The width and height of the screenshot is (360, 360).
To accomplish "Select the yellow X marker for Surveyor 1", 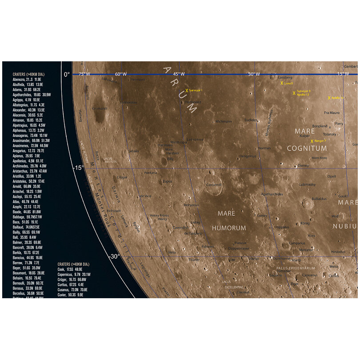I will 187,90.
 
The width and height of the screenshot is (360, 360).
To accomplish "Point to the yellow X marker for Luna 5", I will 282,83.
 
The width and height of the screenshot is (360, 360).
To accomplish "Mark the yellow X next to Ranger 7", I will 312,141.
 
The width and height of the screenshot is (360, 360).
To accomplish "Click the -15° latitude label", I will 77,168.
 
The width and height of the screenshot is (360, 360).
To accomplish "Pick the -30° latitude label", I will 115,256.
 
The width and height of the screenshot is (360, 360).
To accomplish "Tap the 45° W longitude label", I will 179,74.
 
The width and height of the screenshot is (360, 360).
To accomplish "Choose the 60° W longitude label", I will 121,74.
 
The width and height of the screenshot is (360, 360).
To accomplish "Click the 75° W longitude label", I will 84,74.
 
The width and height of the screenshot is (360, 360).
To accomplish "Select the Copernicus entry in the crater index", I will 74,275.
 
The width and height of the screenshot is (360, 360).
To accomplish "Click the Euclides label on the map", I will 251,120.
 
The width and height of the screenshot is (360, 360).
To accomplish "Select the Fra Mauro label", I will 332,113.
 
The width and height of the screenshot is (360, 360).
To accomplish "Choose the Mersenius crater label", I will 192,205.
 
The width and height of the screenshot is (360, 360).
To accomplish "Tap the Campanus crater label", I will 297,243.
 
